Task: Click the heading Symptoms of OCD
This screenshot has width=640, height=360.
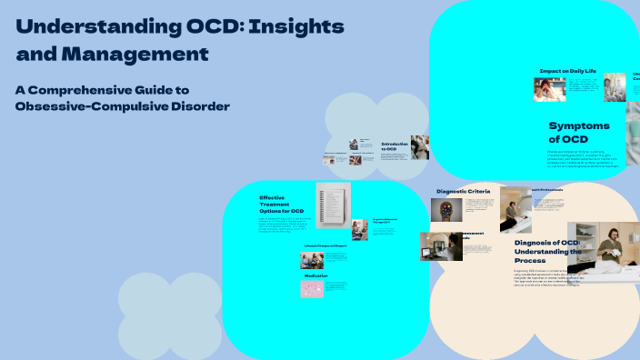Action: pos(579,132)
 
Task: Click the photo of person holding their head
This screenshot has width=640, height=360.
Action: pos(548,88)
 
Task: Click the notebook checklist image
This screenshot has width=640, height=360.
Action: pos(333,205)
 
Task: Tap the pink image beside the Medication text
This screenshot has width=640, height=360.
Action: pos(311,289)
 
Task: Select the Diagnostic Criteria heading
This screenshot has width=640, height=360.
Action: pos(463,191)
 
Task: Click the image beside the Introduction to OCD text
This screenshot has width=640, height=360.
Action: pos(419,147)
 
